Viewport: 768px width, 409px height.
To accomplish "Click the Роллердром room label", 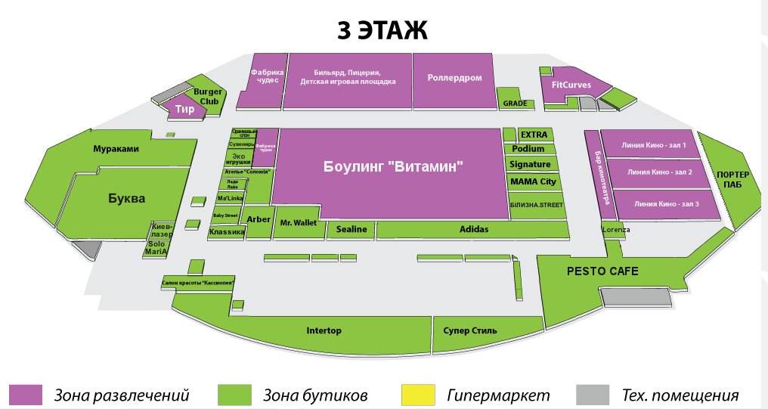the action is tap(454, 78).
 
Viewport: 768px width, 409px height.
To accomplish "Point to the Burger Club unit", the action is tap(207, 96).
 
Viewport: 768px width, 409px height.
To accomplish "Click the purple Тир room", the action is tap(185, 110).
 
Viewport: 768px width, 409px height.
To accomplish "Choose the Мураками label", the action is tap(116, 149).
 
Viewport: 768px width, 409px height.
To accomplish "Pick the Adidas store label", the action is tap(474, 229).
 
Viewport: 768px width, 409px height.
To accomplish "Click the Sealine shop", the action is tap(351, 229).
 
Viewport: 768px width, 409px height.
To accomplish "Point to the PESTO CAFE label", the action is tap(603, 271).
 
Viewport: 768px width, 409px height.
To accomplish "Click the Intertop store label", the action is tap(324, 330).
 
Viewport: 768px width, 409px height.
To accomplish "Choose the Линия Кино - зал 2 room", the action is tap(660, 172).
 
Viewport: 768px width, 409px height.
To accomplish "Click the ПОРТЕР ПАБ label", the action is tap(729, 179).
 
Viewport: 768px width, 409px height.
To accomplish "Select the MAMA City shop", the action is tap(533, 181).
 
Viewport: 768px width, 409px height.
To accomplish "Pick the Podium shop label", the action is tap(528, 149).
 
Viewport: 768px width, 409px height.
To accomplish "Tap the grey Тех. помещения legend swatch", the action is tap(593, 395).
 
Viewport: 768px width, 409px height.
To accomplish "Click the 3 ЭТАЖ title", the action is tap(382, 30).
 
